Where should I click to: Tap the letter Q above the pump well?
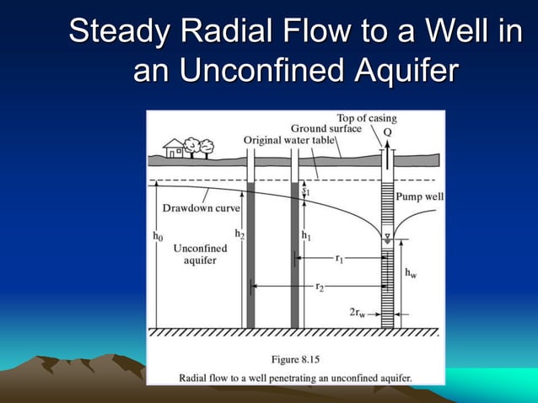tap(387, 133)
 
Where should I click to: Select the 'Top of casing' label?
tap(366, 118)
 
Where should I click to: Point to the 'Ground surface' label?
tap(331, 128)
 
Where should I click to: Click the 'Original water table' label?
tap(288, 139)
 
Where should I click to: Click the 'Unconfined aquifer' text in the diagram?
tap(200, 255)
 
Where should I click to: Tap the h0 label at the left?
tap(158, 237)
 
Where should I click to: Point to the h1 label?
tap(307, 236)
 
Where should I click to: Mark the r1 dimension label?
tap(339, 260)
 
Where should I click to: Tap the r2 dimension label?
tap(320, 287)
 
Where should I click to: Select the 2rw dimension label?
tap(358, 313)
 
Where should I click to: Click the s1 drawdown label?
tap(307, 191)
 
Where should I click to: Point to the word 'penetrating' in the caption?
tap(293, 377)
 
